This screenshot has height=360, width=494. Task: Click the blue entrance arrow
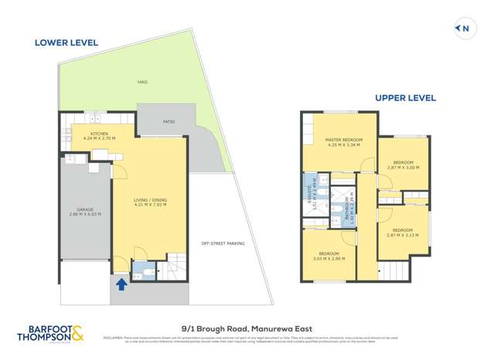pos(120,284)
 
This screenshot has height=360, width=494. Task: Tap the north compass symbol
pos(464,29)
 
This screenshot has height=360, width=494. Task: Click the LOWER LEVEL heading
pos(66,42)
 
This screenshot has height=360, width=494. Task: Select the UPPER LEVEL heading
pos(405,98)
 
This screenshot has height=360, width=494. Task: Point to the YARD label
pos(142,81)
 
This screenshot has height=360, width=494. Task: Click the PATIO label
pos(169,121)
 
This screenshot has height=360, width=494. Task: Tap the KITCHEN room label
pos(99,134)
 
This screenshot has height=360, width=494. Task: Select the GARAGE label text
pos(85,209)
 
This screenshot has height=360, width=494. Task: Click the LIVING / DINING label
pos(150,200)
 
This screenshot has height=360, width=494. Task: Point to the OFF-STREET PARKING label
pos(223,243)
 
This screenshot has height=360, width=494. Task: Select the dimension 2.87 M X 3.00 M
pos(404,167)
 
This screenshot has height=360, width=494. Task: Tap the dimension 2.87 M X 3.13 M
pos(403,234)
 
